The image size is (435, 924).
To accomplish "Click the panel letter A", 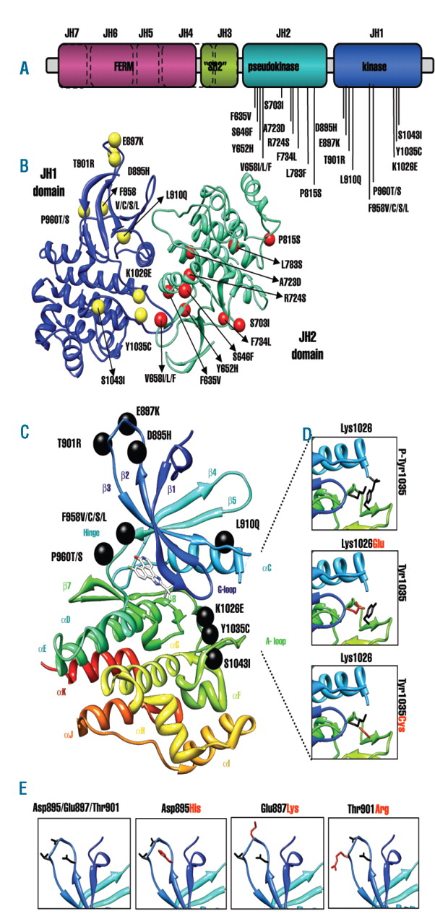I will coord(25,69).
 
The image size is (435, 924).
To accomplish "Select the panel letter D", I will coord(307,435).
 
